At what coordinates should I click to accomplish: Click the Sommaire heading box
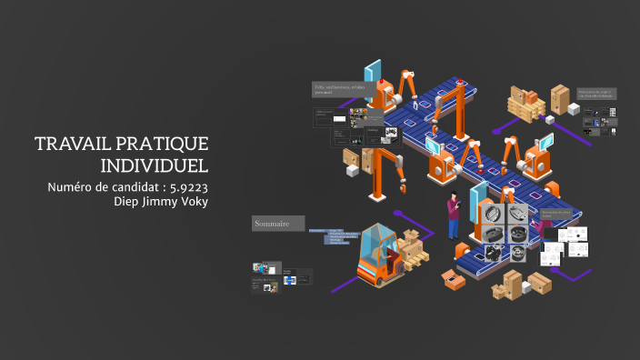click(x=275, y=224)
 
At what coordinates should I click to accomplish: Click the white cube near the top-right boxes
click(x=574, y=108)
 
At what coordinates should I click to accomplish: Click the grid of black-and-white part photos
click(x=502, y=235)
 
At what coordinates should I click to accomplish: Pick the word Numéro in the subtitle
click(x=74, y=188)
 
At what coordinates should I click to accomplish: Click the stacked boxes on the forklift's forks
click(x=415, y=247)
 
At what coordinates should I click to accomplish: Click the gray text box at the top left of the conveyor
click(x=338, y=88)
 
